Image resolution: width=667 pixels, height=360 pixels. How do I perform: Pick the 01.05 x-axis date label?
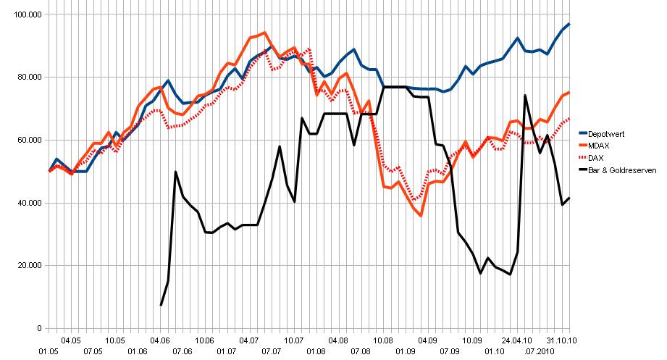[x=49, y=351]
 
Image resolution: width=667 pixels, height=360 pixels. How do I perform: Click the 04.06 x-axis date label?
[x=159, y=339]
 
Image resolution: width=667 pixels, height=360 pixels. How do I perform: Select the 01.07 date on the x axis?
[x=227, y=351]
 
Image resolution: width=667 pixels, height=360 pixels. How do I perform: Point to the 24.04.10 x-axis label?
[x=517, y=339]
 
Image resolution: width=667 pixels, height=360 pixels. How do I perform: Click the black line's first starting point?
[x=161, y=305]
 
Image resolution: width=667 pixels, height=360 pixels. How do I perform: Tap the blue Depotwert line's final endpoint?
[x=569, y=24]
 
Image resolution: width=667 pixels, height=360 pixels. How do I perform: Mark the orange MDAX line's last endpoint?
[x=569, y=92]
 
